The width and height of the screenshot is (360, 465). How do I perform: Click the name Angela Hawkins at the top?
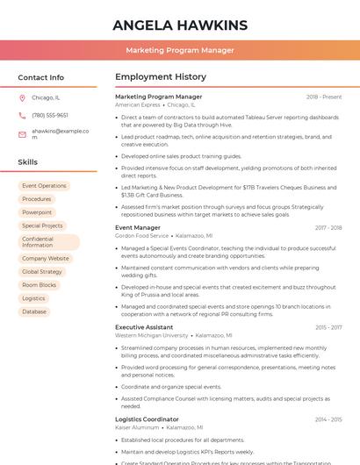click(180, 25)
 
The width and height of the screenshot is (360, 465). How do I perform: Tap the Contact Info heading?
click(41, 77)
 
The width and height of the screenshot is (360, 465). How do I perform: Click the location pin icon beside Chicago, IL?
click(22, 97)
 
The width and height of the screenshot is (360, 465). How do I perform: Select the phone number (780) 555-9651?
click(50, 115)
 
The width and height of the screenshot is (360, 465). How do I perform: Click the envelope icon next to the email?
click(22, 133)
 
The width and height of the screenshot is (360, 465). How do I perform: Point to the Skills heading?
click(28, 162)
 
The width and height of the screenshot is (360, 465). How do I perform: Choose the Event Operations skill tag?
click(44, 186)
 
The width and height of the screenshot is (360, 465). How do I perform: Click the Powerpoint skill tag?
click(37, 212)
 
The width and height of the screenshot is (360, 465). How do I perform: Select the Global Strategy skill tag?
click(42, 272)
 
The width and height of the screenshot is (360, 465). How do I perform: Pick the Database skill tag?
click(34, 311)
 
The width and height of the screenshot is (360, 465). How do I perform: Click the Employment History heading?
click(161, 77)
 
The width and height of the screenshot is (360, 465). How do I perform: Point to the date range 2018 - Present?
click(324, 97)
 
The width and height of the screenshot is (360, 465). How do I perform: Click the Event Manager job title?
click(138, 228)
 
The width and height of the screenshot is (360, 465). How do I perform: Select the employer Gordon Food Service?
click(141, 236)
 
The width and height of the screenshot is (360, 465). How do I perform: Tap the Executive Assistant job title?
click(144, 327)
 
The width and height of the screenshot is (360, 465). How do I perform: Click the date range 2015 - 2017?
click(328, 327)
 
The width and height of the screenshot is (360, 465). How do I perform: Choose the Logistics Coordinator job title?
click(147, 419)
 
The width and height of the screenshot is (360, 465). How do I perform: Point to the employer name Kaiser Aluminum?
click(137, 427)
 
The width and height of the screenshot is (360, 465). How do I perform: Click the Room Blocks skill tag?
click(39, 285)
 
